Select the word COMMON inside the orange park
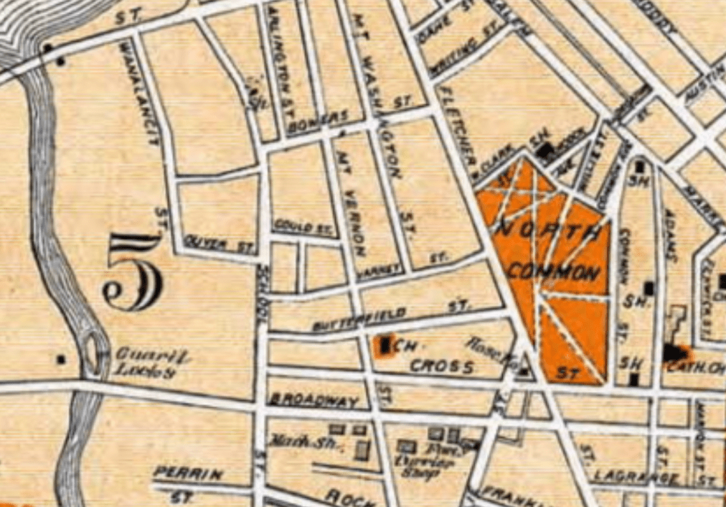pos(554,271)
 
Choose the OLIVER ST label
pos(220,243)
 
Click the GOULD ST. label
pos(304,228)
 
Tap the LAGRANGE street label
pos(636,476)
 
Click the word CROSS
pos(442,367)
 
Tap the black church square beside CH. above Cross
pos(386,345)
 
